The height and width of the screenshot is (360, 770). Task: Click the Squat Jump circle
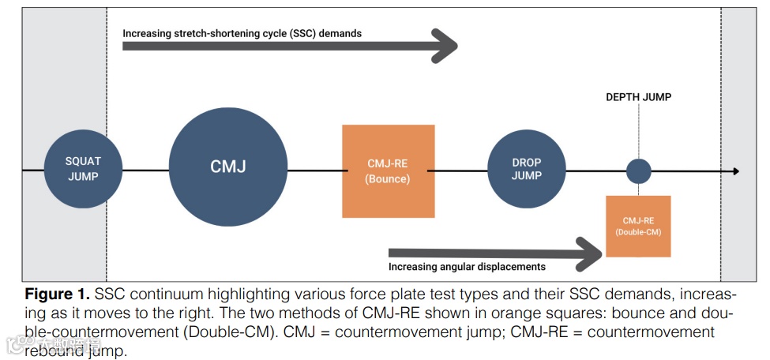click(83, 169)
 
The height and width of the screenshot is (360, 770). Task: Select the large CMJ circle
click(227, 167)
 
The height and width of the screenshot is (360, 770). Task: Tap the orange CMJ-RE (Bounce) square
click(389, 171)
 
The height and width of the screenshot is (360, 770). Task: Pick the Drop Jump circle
click(526, 169)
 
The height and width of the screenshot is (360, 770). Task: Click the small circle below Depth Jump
click(638, 171)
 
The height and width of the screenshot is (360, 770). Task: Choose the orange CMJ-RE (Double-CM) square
click(638, 226)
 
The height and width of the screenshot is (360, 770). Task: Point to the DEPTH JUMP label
click(638, 98)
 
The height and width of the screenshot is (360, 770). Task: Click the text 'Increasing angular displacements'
click(467, 267)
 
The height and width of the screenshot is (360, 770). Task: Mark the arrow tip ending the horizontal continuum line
click(735, 171)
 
